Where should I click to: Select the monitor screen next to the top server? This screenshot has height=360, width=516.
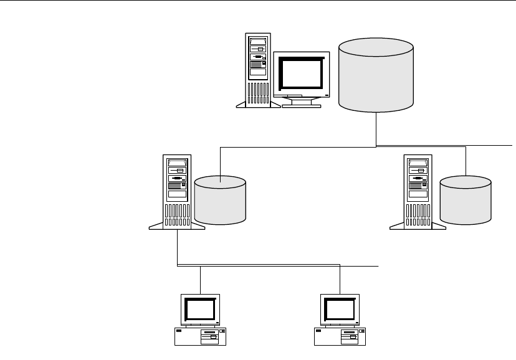coord(301,73)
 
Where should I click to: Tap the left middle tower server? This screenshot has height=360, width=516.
coord(178,190)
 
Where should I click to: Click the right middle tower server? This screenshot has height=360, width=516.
coord(418,190)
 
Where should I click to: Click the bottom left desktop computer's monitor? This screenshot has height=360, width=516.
coord(201,308)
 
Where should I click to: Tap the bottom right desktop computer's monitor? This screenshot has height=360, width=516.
coord(340,308)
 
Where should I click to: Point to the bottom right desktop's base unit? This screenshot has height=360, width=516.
coord(340,336)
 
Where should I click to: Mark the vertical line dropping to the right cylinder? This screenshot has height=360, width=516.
coord(466,161)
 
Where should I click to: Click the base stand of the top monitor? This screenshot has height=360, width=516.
coord(302,102)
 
